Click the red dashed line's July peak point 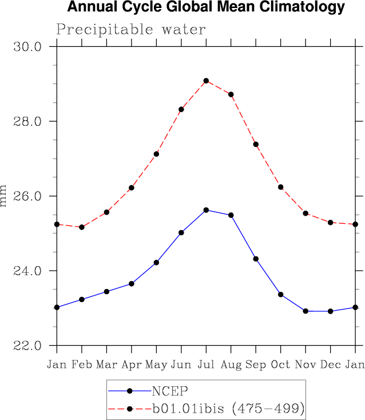(x=206, y=81)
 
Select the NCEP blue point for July (x=206, y=210)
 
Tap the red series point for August (x=231, y=94)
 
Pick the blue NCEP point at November (x=306, y=311)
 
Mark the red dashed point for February (x=82, y=227)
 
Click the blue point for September (x=256, y=259)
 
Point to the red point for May (x=156, y=154)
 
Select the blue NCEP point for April (x=132, y=284)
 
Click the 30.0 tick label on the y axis (x=27, y=47)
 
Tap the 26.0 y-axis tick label (x=27, y=196)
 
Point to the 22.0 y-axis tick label (x=27, y=346)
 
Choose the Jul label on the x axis (x=206, y=364)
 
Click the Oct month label (x=280, y=364)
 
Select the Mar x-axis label (x=106, y=364)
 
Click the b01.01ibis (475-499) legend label (x=227, y=409)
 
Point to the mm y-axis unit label (x=5, y=196)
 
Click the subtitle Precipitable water (x=131, y=29)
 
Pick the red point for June (x=181, y=109)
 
